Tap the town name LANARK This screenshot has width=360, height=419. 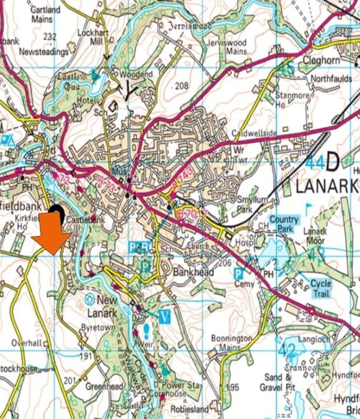click(324, 187)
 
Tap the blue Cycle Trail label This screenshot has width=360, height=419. click(319, 289)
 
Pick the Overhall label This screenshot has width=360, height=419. click(29, 342)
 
